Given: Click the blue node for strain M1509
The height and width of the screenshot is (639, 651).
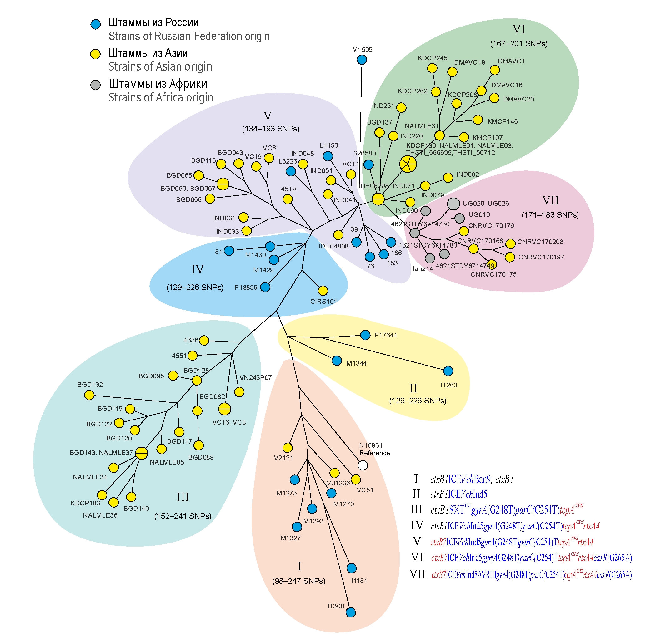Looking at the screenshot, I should coord(362,60).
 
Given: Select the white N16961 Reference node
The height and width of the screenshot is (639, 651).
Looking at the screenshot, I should coord(363,465).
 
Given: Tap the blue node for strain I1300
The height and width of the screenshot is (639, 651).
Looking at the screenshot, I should coord(351,612).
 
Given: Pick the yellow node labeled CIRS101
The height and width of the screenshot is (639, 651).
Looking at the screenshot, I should coord(323,290).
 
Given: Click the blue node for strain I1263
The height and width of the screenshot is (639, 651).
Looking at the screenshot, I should coord(448,371).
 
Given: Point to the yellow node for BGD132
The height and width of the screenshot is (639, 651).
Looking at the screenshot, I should coord(89,395).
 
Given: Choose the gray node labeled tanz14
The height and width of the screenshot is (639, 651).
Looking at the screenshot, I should coord(429,258).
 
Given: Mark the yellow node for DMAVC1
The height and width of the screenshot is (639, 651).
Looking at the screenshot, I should coord(494,70).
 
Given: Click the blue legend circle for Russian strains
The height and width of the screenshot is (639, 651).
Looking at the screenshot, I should coord(96,24).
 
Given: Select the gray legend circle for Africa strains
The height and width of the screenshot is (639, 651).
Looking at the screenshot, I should coord(96,85).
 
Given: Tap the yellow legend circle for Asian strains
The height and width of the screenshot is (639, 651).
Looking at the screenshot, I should coord(96,54).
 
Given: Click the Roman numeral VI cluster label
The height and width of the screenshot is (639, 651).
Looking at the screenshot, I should coord(518,30).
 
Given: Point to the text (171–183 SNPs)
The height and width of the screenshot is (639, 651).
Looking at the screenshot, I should coord(550,215).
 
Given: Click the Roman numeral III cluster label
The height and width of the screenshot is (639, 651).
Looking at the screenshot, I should coord(183,497).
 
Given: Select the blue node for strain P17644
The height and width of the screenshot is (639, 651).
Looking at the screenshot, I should coord(365,335).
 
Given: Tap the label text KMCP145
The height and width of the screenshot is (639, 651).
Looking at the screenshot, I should coord(502,122).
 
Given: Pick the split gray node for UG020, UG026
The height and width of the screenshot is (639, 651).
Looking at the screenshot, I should coord(453,204).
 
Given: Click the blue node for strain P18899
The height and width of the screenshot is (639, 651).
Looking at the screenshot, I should coord(265,287).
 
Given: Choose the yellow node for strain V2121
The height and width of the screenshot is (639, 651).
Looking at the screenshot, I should coord(287,447).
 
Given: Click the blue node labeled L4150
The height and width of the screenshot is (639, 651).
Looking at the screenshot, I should coord(328,156).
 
